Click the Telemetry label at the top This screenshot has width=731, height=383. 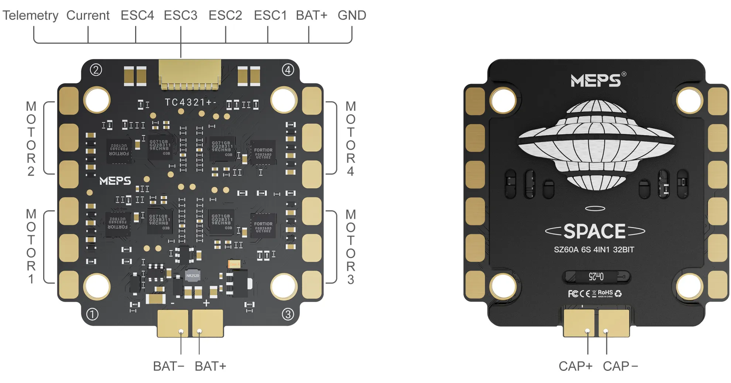pyautogui.click(x=30, y=15)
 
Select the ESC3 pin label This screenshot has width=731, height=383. pyautogui.click(x=180, y=15)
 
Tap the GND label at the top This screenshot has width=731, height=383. pyautogui.click(x=351, y=15)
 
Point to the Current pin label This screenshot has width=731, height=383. pyautogui.click(x=88, y=15)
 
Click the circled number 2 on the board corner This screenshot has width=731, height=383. pyautogui.click(x=96, y=70)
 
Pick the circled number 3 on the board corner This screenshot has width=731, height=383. pyautogui.click(x=288, y=314)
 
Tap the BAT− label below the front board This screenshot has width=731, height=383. pyautogui.click(x=168, y=366)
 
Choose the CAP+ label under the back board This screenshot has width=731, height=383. pyautogui.click(x=575, y=366)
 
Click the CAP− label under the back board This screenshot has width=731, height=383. pyautogui.click(x=620, y=366)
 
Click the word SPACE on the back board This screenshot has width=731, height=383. pyautogui.click(x=594, y=231)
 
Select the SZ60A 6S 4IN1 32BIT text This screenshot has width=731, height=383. pyautogui.click(x=594, y=250)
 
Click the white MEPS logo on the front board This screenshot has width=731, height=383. pyautogui.click(x=115, y=181)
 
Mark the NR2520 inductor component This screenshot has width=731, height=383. pyautogui.click(x=192, y=276)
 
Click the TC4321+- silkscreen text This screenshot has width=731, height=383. pyautogui.click(x=190, y=102)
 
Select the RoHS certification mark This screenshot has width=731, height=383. pyautogui.click(x=605, y=293)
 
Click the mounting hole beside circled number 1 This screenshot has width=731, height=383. pyautogui.click(x=97, y=286)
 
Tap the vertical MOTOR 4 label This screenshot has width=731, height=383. pyautogui.click(x=350, y=138)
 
